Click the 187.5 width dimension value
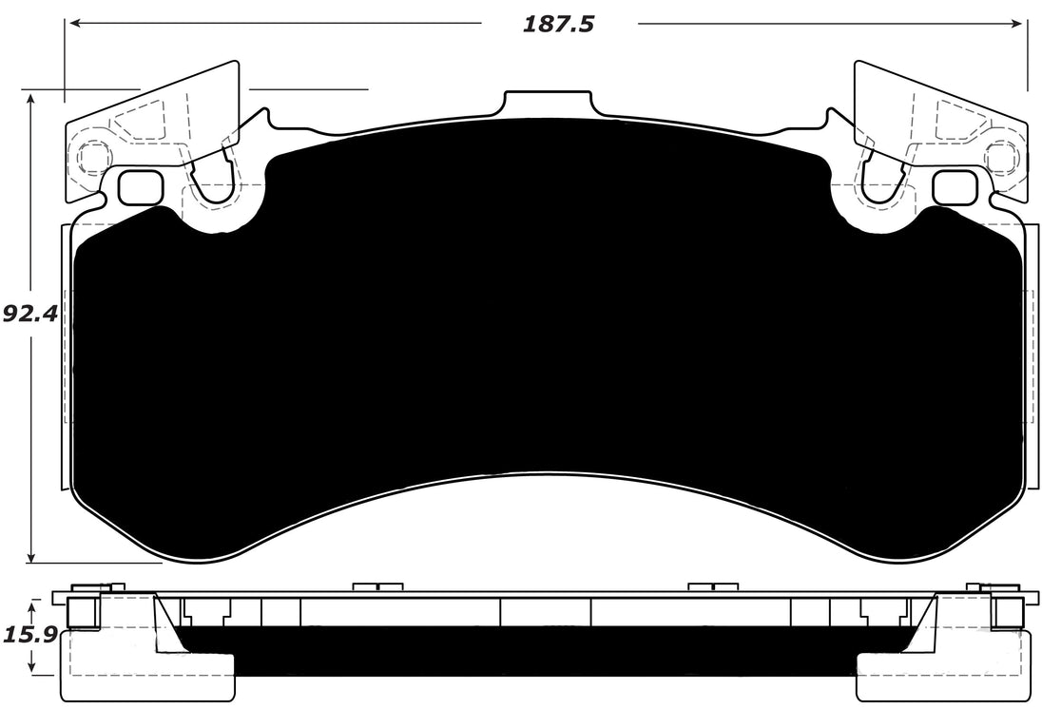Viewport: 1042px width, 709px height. (x=558, y=24)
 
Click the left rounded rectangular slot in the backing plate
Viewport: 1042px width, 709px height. (x=140, y=187)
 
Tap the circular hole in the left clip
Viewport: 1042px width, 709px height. (x=93, y=157)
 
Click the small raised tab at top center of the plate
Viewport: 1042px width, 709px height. (x=548, y=103)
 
